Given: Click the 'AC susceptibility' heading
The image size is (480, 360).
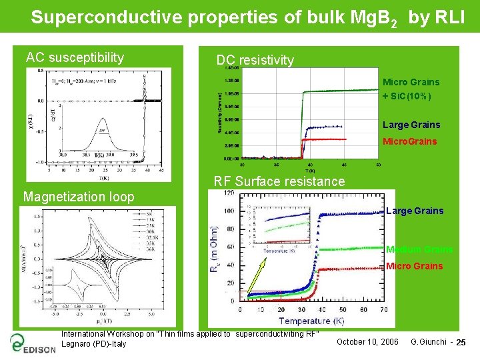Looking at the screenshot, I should pos(75,58).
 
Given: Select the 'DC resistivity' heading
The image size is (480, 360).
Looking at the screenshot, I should pos(255,60).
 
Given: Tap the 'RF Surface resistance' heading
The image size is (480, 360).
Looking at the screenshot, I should pos(279,181).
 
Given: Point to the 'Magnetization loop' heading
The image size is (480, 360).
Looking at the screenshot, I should pos(78,197).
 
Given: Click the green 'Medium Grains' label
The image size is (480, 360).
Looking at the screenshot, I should pos(419,250).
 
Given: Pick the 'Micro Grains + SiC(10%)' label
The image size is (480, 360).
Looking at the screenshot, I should pos(411,89).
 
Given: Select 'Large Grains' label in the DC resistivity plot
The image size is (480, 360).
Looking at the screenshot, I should pos(411,125).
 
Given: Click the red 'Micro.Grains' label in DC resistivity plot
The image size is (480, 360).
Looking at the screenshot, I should pos(409,141).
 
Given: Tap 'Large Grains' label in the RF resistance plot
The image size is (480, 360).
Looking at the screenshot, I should pos(415,211).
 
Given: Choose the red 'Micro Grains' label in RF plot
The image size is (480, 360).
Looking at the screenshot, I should pos(414,266).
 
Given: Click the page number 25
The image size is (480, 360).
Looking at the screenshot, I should pos(461,343).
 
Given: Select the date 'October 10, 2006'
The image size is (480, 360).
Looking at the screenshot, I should pos(368,342).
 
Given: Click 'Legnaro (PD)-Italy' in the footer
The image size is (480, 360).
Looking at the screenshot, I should pos(93,344).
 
